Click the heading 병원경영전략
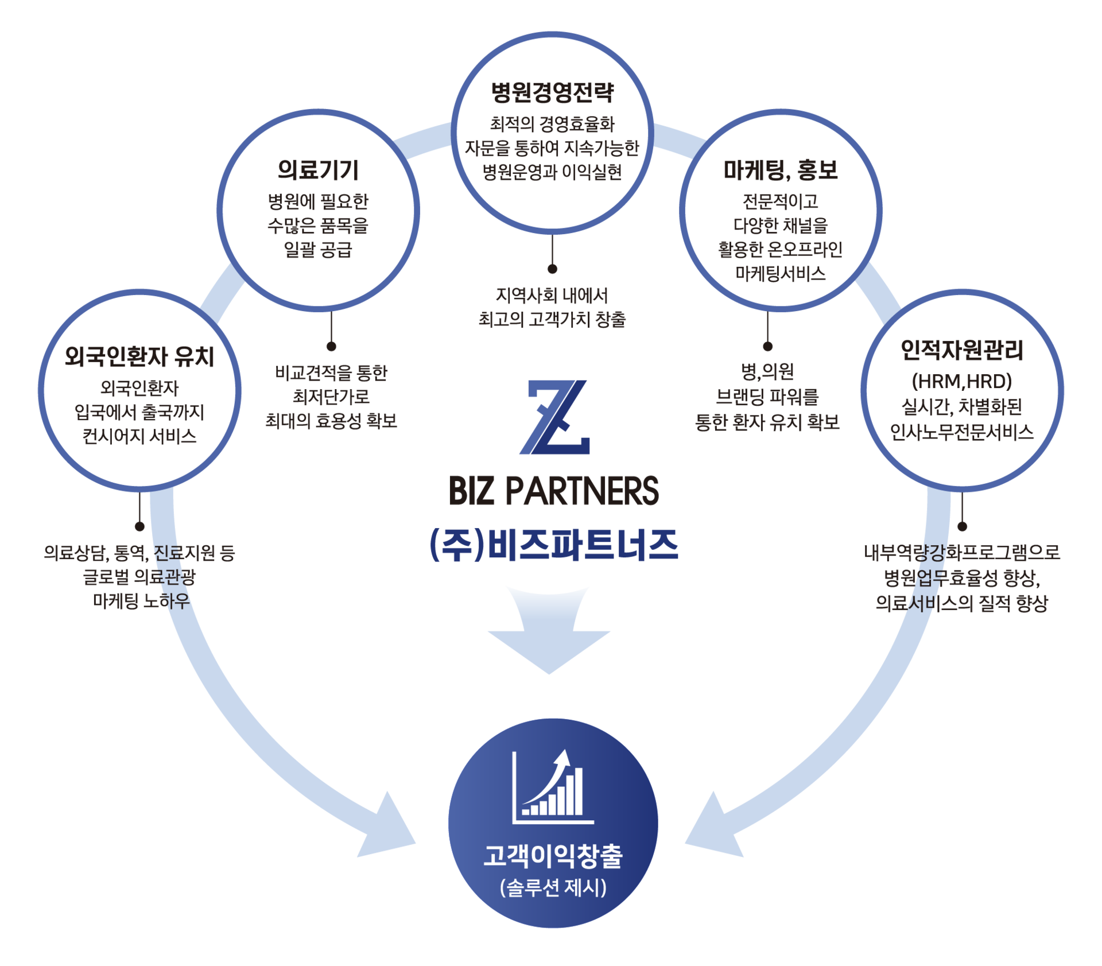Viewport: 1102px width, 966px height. (x=552, y=92)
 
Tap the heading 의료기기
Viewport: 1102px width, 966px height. (x=318, y=170)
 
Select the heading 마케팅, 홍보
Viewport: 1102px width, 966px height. (x=781, y=170)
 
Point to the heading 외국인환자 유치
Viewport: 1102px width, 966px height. (x=139, y=356)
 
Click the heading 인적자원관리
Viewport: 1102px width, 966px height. (x=962, y=350)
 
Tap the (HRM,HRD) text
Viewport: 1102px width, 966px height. (x=962, y=381)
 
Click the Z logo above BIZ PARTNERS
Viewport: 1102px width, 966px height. (x=555, y=417)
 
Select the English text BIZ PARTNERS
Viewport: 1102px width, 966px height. (x=554, y=491)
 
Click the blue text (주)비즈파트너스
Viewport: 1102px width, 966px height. (x=554, y=545)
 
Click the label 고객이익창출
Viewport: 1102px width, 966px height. (x=553, y=856)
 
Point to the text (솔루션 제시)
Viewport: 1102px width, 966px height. (x=553, y=888)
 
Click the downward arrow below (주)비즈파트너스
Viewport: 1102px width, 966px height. (x=549, y=631)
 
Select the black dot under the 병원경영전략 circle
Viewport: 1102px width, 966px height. (x=552, y=269)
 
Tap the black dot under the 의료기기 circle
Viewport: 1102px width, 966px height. (x=331, y=346)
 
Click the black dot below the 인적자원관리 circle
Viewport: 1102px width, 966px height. (x=963, y=526)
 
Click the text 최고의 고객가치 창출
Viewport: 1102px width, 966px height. (x=552, y=319)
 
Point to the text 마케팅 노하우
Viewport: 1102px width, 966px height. (x=141, y=601)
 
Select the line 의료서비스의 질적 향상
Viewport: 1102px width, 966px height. (x=962, y=603)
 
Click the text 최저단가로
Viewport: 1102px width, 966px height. (x=331, y=397)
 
